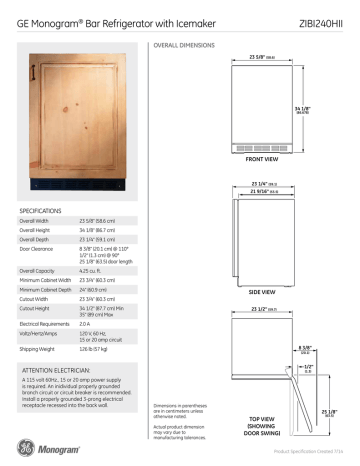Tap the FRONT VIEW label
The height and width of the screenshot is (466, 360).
(263, 160)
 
